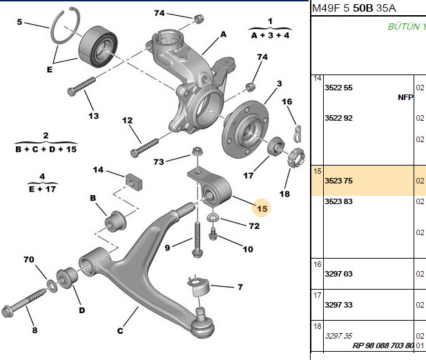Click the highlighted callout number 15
point(262,208)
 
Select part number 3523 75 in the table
point(338,181)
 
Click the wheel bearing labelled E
point(98,46)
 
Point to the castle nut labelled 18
point(296,157)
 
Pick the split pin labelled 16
point(298,133)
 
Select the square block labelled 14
point(134,181)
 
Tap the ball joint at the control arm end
point(203,323)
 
